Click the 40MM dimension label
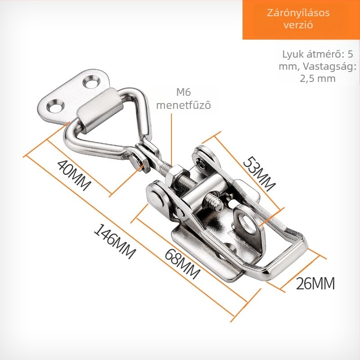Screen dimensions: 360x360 coord(73,175)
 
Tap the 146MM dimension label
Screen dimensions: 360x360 coord(115,241)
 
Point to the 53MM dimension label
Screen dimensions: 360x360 coord(259,174)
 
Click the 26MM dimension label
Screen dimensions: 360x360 coord(315,283)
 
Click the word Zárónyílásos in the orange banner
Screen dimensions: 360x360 coord(298,13)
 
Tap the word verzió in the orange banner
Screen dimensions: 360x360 coord(298,25)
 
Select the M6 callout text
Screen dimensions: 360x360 coord(184,92)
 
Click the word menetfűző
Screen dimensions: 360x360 coord(184,105)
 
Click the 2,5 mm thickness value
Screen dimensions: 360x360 coord(318,78)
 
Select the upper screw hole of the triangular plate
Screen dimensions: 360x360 coord(92,82)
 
